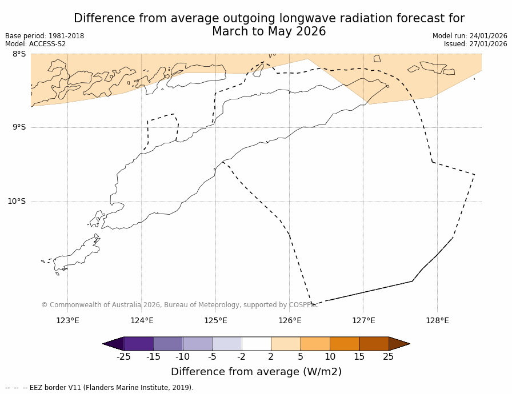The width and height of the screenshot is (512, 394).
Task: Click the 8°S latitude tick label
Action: click(x=19, y=54)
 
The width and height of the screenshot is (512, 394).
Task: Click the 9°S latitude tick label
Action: click(x=19, y=127)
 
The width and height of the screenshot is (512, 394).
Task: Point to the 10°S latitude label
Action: click(x=17, y=201)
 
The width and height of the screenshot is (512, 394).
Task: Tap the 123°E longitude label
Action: click(x=67, y=320)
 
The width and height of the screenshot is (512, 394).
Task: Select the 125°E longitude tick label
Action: click(x=215, y=320)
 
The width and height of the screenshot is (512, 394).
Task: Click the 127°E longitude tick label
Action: click(x=363, y=320)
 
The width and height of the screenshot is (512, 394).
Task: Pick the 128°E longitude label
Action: click(x=437, y=320)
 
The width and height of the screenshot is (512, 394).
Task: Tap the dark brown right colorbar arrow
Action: click(x=399, y=344)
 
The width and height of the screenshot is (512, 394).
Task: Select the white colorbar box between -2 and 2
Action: click(x=257, y=344)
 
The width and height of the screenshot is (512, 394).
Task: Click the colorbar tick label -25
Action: click(x=123, y=357)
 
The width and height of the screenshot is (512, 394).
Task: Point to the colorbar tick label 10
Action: click(x=330, y=357)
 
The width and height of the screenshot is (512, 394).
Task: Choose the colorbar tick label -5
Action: click(x=212, y=357)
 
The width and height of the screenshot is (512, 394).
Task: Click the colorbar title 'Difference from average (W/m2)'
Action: click(x=256, y=372)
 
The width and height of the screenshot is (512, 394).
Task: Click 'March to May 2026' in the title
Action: click(x=269, y=32)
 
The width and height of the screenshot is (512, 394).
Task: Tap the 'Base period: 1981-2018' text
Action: click(x=45, y=36)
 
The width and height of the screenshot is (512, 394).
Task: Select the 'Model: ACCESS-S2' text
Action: click(x=35, y=44)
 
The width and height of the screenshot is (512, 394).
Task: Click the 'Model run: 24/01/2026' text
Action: click(x=470, y=36)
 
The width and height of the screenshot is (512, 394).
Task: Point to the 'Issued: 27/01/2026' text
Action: click(x=475, y=44)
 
